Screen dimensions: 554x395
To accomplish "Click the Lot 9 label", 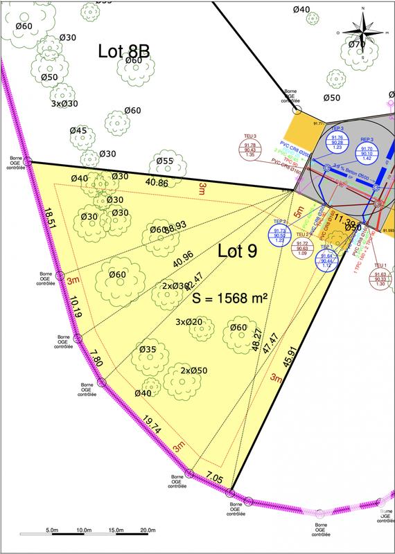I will (x=237, y=251).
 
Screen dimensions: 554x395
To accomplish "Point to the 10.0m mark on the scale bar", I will (x=85, y=530).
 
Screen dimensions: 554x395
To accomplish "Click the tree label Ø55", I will (x=164, y=161).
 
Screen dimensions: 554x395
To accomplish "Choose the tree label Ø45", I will (x=78, y=131).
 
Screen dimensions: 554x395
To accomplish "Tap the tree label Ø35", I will (x=147, y=350).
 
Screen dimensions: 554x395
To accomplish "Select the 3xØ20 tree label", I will (x=188, y=322).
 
